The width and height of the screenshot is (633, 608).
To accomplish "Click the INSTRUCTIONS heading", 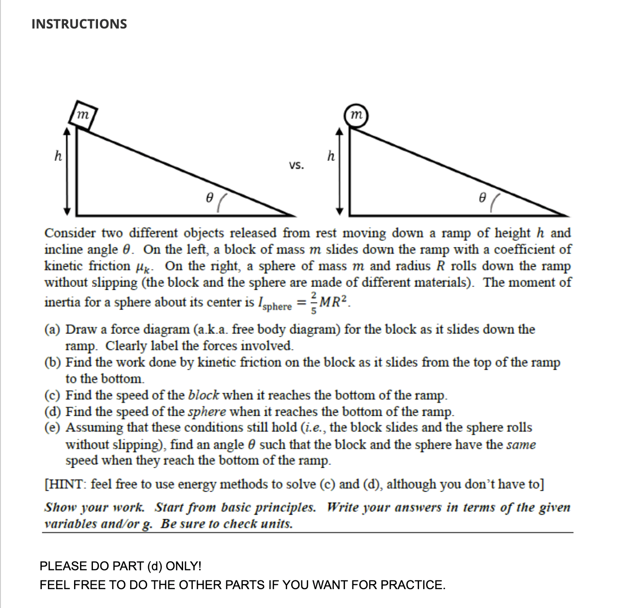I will [x=79, y=24].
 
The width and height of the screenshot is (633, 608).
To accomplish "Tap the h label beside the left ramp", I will [x=58, y=156].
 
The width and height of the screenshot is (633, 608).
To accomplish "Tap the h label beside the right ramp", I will [x=330, y=156].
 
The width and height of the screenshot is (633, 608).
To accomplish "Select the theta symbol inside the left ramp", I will [x=209, y=198].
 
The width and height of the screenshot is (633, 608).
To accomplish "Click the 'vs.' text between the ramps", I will [x=296, y=166].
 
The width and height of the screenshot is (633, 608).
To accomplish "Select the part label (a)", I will [x=53, y=330].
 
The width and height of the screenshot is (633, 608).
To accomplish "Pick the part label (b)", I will [x=53, y=363].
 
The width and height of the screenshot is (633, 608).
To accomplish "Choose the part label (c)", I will [x=53, y=396].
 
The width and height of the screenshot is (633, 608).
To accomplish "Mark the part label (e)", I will [x=53, y=428].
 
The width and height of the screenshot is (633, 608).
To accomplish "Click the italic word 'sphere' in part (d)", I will [x=207, y=412].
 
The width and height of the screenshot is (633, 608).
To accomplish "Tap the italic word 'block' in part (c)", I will [x=203, y=396].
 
